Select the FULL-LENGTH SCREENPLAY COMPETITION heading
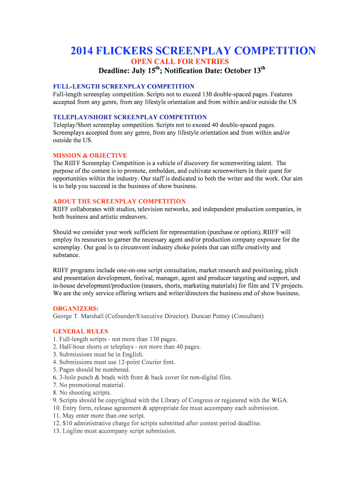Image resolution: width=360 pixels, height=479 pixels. pyautogui.click(x=123, y=87)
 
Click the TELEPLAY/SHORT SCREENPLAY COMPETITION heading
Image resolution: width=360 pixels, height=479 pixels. pyautogui.click(x=130, y=117)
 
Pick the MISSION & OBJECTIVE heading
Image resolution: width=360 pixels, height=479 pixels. pyautogui.click(x=90, y=155)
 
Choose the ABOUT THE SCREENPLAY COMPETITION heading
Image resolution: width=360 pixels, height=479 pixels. pyautogui.click(x=119, y=201)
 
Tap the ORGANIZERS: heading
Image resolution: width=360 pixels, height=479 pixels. pyautogui.click(x=69, y=308)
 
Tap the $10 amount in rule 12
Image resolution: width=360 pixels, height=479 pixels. pyautogui.click(x=67, y=423)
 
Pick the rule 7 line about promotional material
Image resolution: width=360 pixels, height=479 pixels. pyautogui.click(x=86, y=385)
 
